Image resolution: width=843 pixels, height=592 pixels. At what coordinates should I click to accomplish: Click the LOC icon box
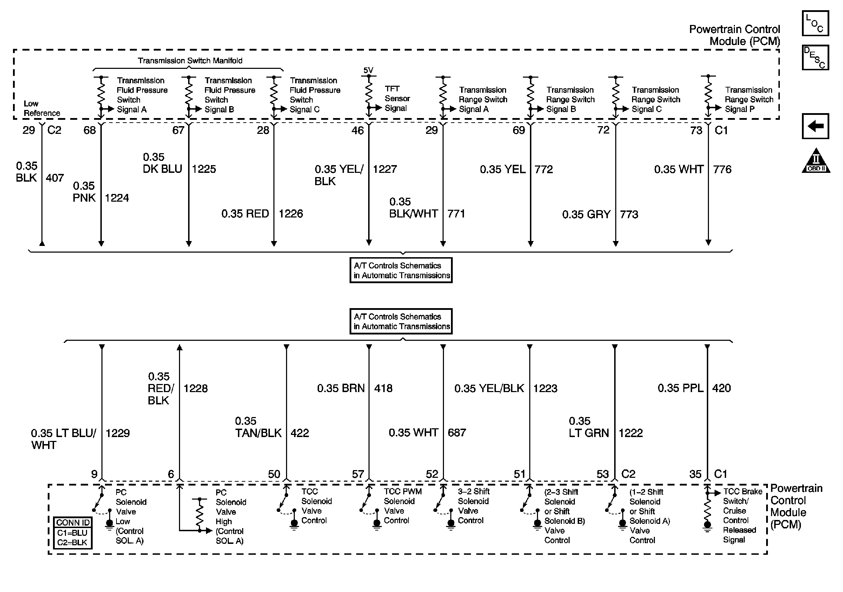tap(815, 23)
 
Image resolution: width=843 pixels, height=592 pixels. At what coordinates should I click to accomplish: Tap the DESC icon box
tap(815, 57)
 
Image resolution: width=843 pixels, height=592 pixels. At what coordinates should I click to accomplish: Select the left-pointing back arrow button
tap(815, 126)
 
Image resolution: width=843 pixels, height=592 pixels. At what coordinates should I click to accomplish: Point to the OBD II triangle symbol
tap(816, 161)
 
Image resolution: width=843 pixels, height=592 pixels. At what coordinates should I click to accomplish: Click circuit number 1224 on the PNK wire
tap(117, 198)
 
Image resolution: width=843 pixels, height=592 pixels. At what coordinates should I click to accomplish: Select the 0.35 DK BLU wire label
tap(162, 163)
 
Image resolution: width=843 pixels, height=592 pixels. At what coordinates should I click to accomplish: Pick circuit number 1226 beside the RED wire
tap(291, 214)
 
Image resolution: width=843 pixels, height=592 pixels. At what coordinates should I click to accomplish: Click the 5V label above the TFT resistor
tap(368, 70)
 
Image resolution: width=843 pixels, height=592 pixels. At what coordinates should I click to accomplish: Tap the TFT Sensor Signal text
tap(397, 98)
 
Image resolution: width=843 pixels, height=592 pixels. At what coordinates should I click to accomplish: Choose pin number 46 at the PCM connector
tap(357, 130)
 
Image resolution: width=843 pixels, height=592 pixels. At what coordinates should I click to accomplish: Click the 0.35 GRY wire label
tap(586, 215)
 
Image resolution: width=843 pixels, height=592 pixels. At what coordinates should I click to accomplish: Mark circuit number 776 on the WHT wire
tap(722, 169)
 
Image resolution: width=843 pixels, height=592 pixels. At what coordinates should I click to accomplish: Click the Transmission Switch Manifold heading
tap(190, 61)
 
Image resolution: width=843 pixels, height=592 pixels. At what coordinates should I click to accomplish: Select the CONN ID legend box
tap(72, 533)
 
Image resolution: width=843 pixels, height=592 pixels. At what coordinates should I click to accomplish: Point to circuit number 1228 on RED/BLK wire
tap(195, 389)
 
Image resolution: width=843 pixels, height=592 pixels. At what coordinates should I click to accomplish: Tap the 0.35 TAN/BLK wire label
tap(258, 427)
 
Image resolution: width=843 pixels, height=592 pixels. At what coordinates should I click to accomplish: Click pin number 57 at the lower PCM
tap(358, 474)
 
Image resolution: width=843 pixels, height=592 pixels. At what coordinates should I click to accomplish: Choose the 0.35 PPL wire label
tap(680, 388)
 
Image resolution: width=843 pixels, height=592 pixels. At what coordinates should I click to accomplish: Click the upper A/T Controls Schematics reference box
tap(401, 271)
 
